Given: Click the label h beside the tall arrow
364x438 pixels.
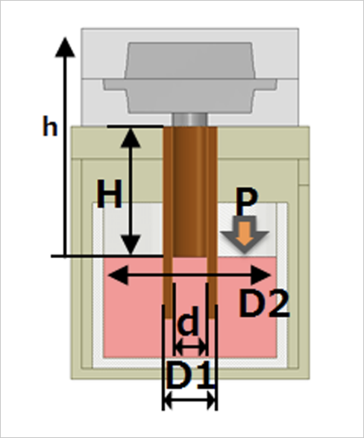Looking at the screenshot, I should (49, 127).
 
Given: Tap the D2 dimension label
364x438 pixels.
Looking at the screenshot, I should (263, 303).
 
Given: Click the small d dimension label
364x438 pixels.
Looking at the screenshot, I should (189, 324).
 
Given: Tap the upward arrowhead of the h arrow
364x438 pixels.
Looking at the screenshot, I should (66, 46).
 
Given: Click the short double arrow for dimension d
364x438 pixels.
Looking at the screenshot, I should (189, 347).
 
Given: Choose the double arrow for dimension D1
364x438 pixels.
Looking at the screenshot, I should (189, 401).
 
